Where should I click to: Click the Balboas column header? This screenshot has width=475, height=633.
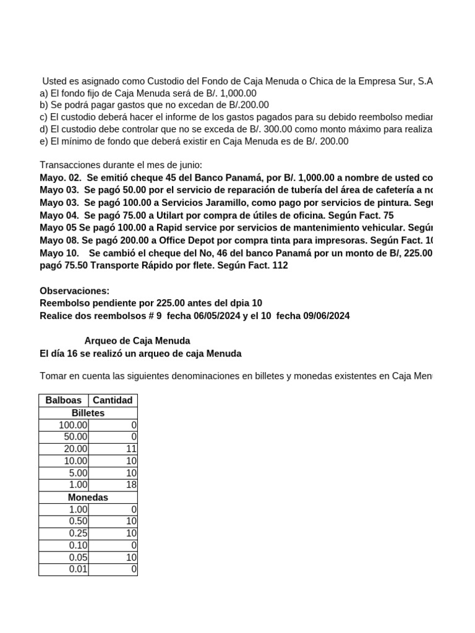[x=64, y=400]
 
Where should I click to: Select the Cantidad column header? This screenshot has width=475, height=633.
[x=113, y=400]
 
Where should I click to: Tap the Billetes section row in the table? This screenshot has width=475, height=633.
[x=88, y=412]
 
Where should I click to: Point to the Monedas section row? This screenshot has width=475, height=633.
[x=88, y=497]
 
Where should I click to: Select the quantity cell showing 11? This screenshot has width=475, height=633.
[x=113, y=449]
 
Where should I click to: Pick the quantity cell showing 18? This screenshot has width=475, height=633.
[x=113, y=485]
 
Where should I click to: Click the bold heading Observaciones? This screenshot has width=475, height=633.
[x=74, y=291]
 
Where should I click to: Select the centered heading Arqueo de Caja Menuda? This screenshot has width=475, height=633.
[x=137, y=341]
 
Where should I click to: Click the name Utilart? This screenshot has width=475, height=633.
[x=160, y=215]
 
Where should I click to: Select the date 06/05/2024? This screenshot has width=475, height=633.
[x=206, y=315]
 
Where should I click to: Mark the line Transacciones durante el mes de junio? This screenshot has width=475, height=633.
[x=121, y=164]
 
